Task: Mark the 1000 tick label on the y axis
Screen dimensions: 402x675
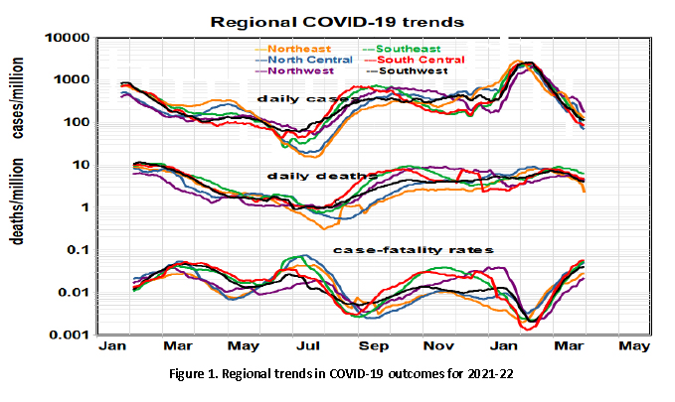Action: [x=75, y=80]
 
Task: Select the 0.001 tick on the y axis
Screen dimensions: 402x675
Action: [x=73, y=335]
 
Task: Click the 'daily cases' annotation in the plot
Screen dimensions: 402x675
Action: [x=292, y=98]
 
